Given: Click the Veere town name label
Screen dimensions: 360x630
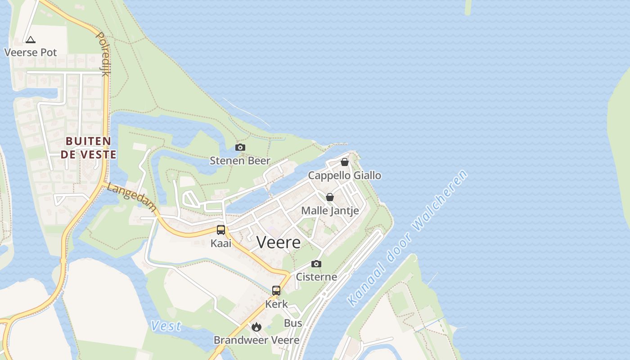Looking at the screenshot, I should point(279,242).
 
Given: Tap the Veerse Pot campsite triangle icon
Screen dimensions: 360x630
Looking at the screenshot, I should point(30,40).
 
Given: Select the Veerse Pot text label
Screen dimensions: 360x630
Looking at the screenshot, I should point(31,52).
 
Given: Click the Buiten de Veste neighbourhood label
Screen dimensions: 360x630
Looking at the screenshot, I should point(89,148).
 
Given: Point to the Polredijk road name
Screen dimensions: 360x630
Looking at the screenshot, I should point(103,54).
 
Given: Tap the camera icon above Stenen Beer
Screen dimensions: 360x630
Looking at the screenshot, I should point(240,148).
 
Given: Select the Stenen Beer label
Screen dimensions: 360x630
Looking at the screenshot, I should point(240,161).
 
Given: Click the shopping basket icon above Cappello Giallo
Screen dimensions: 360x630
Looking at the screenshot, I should point(344,162).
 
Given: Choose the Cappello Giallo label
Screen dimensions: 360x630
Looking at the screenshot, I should point(344,175).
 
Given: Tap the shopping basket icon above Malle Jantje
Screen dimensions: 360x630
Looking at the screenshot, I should point(330,197).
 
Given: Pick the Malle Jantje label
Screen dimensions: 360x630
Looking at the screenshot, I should point(330,210).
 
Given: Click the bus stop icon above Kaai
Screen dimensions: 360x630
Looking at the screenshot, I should point(220,230).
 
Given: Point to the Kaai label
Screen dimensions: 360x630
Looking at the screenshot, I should point(220,243).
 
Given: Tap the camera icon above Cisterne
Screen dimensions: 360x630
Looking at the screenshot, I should point(316,264).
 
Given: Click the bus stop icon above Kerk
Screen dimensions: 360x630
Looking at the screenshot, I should point(276,291).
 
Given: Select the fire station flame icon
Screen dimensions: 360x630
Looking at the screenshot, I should point(256,327).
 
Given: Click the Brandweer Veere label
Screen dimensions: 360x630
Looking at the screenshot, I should point(256,340).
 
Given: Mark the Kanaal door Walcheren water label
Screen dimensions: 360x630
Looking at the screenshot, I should point(408,238).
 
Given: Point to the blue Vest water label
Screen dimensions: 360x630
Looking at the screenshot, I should point(166,325).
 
